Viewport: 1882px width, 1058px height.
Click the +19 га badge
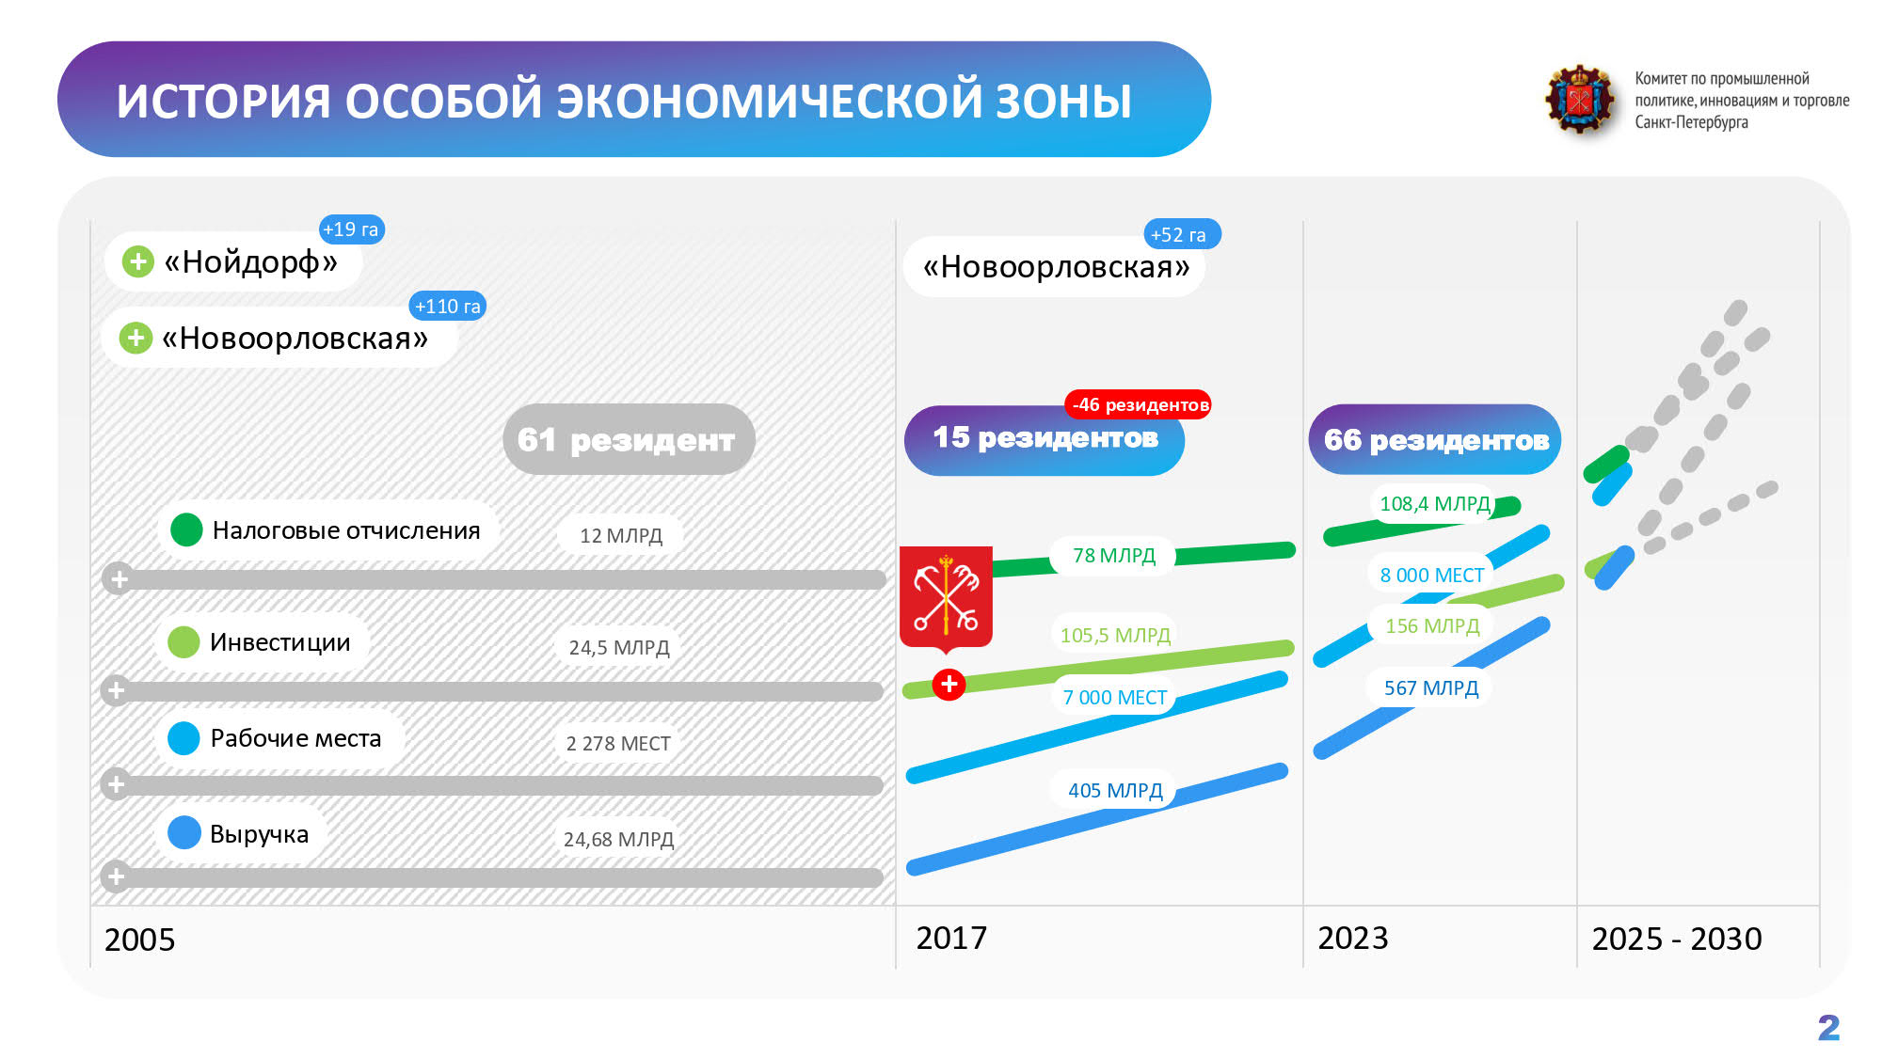tap(352, 229)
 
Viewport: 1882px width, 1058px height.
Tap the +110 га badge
tap(448, 306)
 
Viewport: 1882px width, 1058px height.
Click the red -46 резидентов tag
tap(1139, 404)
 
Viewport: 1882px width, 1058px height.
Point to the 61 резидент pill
tap(629, 439)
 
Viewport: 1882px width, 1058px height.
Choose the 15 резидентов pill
tap(1045, 440)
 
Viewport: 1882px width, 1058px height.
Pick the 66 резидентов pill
tap(1435, 439)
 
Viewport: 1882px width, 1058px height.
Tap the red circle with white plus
tap(949, 685)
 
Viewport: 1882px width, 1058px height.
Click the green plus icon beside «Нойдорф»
tap(138, 261)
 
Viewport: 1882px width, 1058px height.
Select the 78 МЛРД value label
tap(1114, 556)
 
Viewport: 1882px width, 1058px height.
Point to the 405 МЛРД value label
tap(1115, 791)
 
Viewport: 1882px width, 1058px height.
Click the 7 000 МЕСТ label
tap(1115, 697)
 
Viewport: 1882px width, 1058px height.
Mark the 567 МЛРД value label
tap(1431, 688)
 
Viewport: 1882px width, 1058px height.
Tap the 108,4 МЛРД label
tap(1435, 504)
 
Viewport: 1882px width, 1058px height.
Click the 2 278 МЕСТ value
tap(618, 744)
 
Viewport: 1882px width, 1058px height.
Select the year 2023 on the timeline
tap(1353, 939)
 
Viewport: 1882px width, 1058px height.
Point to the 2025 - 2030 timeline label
tap(1677, 939)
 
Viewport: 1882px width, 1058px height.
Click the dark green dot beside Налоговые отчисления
tap(186, 529)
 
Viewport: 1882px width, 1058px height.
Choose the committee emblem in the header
tap(1580, 100)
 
